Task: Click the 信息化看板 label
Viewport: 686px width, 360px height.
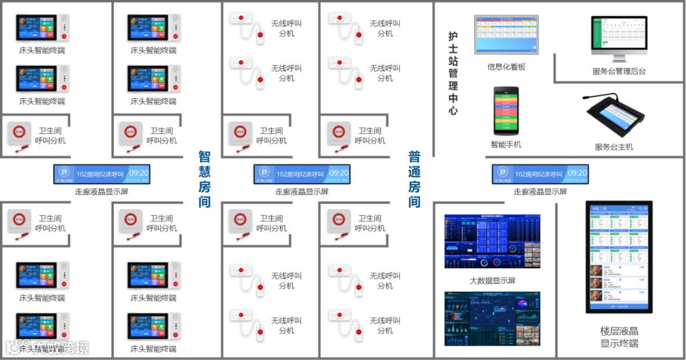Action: [x=506, y=67]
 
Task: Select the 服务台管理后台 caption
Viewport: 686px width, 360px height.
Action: [x=619, y=71]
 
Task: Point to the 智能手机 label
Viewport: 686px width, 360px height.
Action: [x=506, y=144]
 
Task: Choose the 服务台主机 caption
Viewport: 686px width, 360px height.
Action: [x=614, y=147]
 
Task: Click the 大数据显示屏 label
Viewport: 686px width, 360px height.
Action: [x=492, y=281]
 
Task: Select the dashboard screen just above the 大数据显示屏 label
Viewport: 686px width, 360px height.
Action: [x=492, y=241]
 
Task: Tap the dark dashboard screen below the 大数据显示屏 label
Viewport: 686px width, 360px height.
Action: [x=492, y=318]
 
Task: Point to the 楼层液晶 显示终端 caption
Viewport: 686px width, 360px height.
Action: [x=619, y=337]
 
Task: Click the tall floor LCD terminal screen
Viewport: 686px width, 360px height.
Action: [x=619, y=257]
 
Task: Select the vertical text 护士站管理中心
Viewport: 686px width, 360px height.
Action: [x=453, y=74]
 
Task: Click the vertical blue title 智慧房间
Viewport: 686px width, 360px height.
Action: [x=204, y=179]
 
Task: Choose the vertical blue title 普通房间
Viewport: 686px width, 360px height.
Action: [x=414, y=179]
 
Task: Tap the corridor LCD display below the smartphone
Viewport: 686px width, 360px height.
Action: [x=540, y=174]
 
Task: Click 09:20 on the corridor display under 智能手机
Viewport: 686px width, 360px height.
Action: [x=577, y=173]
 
